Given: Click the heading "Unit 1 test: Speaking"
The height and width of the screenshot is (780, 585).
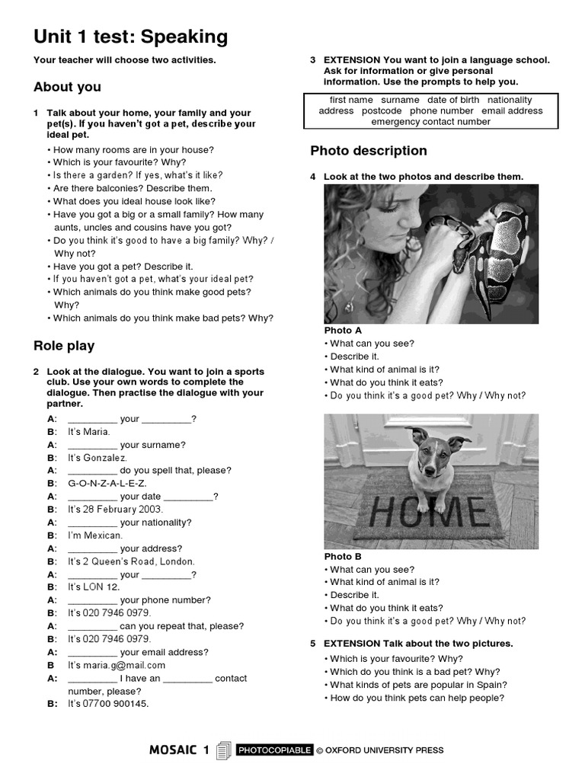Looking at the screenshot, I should click(130, 37).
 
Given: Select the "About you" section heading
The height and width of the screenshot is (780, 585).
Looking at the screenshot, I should click(67, 87).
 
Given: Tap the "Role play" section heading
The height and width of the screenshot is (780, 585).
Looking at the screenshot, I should click(64, 346).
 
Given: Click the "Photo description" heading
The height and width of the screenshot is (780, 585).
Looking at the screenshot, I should click(369, 151).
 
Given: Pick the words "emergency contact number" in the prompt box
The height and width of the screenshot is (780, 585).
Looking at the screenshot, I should click(430, 122).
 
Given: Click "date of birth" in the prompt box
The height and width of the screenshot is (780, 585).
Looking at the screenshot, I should click(453, 100).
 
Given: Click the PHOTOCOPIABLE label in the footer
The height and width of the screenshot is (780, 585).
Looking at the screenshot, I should click(274, 750).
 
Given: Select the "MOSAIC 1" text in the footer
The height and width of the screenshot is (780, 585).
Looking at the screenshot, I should click(179, 750).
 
